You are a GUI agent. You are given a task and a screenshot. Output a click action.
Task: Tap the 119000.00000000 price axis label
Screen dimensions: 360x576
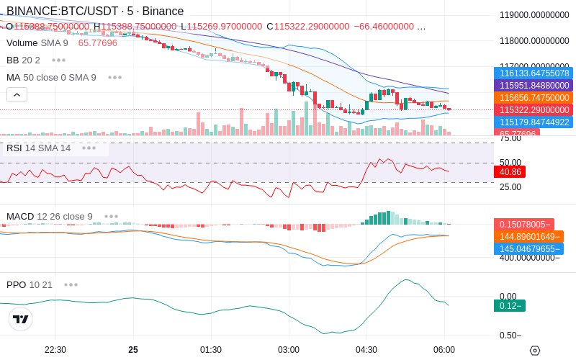[x=534, y=14]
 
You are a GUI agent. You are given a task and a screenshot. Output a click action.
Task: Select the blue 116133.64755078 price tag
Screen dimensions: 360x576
[x=534, y=73]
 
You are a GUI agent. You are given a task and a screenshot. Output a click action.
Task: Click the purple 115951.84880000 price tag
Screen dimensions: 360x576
[x=534, y=85]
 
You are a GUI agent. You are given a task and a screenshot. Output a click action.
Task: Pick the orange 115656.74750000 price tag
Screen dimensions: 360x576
[x=534, y=97]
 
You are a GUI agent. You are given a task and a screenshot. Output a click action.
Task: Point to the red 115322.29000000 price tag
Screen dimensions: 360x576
[x=534, y=109]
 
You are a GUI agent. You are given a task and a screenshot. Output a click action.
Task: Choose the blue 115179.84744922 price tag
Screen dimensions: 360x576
[x=534, y=122]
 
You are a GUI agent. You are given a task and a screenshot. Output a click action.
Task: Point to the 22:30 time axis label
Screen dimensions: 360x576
[x=55, y=350]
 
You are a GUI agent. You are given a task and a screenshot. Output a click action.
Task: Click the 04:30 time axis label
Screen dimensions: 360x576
[x=366, y=350]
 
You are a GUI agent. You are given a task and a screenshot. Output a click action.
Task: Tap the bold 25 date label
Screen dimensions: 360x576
[x=133, y=350]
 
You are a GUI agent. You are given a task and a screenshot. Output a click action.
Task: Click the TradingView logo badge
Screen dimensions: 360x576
[x=21, y=319]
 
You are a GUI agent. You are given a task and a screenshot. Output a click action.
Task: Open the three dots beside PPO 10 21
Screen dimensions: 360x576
[x=71, y=284]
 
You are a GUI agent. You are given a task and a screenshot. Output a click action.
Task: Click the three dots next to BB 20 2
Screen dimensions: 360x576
[x=58, y=60]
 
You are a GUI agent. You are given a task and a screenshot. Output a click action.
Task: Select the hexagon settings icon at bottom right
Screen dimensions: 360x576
[x=534, y=350]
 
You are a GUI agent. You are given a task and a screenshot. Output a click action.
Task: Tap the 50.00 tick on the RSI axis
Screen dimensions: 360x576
[x=510, y=163]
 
